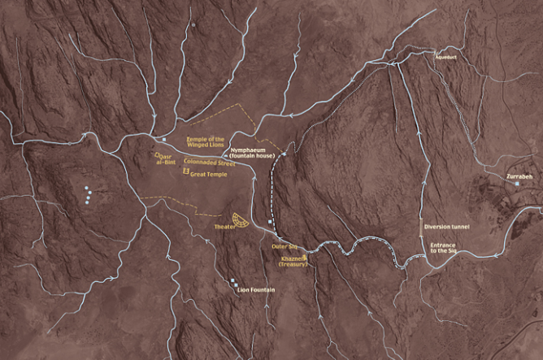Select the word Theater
click(224, 227)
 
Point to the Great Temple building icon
click(186, 171)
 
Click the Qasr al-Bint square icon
click(155, 154)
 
